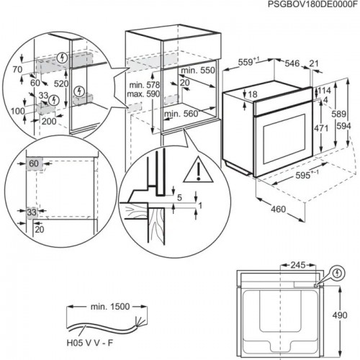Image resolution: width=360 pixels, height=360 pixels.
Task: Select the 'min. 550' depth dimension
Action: [x=198, y=71]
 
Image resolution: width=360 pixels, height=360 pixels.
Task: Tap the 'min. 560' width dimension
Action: [x=181, y=114]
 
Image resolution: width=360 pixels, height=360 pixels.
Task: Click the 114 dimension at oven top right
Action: [x=324, y=91]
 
